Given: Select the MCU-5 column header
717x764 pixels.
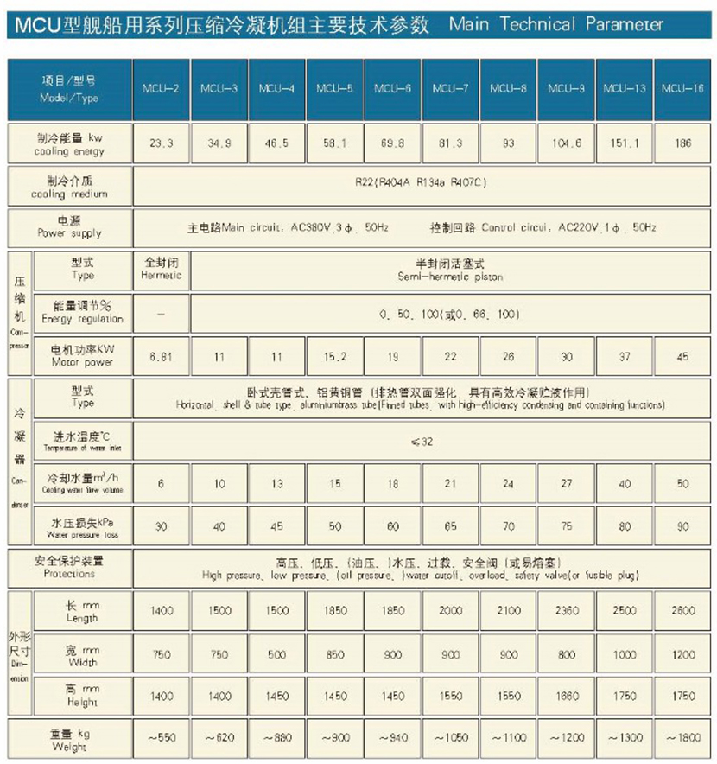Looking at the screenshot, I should tap(334, 89).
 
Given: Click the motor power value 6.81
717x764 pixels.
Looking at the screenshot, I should tap(161, 355).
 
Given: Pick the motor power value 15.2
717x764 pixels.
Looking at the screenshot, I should tap(334, 355).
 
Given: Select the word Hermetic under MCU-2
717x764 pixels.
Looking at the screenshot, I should tap(161, 276).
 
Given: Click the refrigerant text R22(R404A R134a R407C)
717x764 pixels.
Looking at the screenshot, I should tap(422, 183).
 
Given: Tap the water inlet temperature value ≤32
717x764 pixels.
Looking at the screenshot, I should tap(422, 442).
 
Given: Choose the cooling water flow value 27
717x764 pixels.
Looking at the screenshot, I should tap(566, 484).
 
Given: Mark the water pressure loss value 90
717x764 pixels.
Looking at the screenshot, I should tap(682, 526).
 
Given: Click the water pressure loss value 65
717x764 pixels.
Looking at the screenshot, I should tap(450, 526).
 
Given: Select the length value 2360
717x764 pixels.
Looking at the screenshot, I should tap(566, 610).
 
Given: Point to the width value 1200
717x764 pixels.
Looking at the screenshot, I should tap(682, 654).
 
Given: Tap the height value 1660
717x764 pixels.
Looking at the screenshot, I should tap(566, 696).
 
